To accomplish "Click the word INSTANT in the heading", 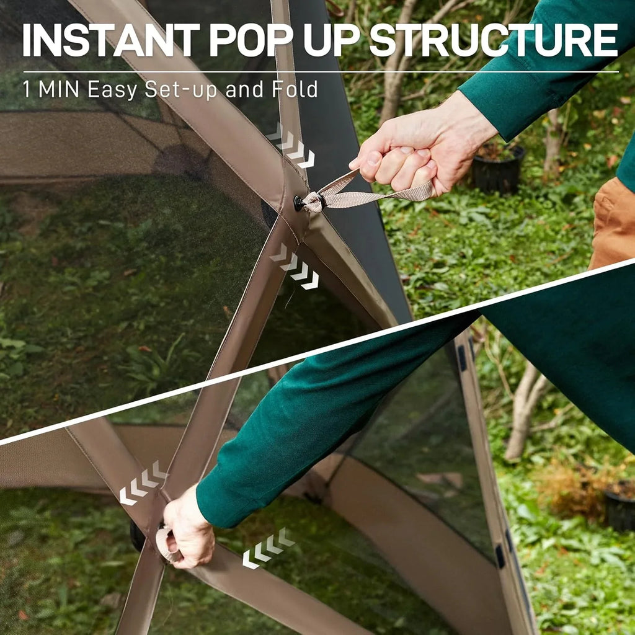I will tap(110, 41).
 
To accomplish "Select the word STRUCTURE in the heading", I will tap(493, 41).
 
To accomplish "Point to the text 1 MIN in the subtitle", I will tap(51, 89).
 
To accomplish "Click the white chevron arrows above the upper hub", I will tap(291, 146).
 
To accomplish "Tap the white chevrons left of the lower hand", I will tap(143, 482).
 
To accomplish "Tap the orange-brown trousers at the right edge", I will tap(614, 223).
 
